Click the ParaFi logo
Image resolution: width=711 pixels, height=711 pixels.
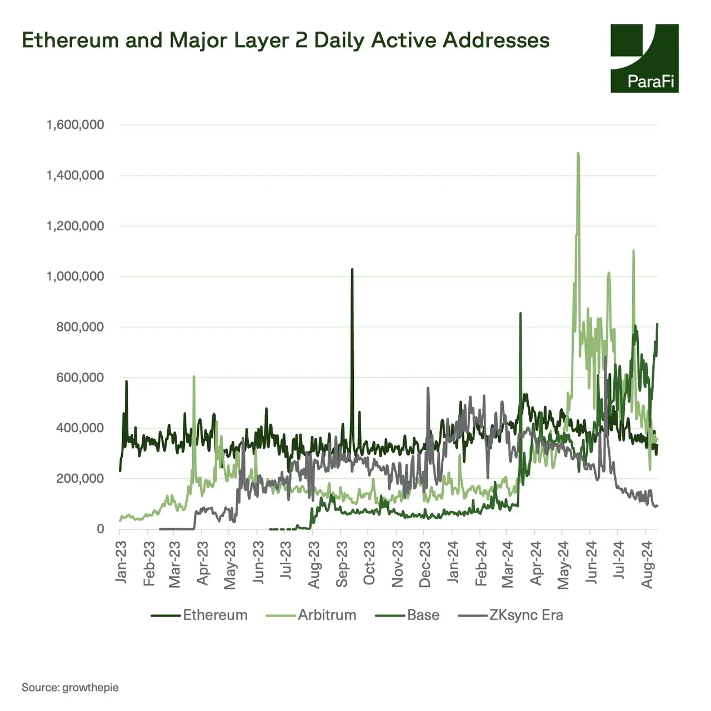[x=644, y=58]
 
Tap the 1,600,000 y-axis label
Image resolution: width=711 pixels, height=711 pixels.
[x=75, y=125]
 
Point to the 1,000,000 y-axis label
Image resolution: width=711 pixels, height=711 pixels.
[x=75, y=277]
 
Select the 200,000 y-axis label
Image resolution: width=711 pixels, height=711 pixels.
[x=80, y=479]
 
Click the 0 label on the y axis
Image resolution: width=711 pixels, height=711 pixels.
[x=100, y=529]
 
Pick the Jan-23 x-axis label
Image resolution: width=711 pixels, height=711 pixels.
[x=121, y=562]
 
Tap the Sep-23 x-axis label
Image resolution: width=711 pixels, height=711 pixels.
[x=342, y=564]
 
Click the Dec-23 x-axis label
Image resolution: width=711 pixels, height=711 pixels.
[x=425, y=564]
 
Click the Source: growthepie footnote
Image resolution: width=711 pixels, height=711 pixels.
[x=70, y=688]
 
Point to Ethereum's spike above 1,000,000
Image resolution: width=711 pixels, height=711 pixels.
[x=352, y=271]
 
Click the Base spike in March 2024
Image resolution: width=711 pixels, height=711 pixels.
[x=520, y=314]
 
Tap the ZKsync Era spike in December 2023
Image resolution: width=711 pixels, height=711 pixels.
[x=428, y=389]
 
